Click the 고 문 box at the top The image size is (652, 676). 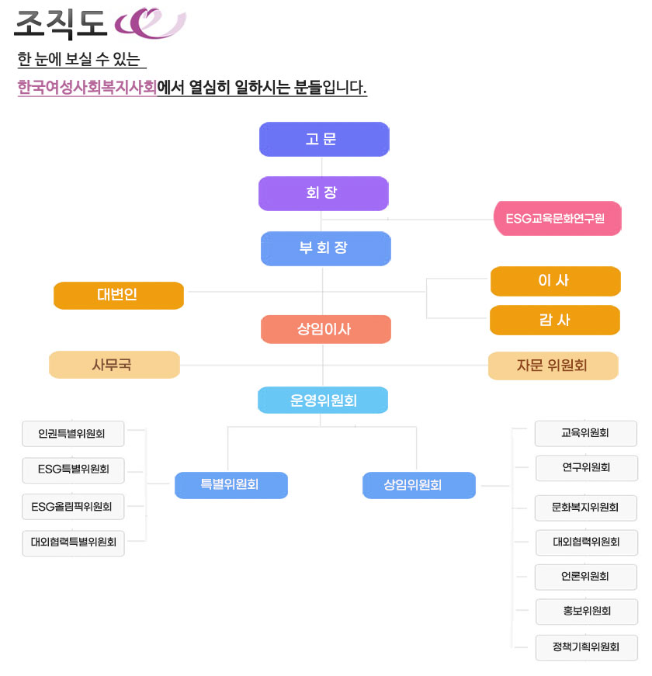tap(324, 140)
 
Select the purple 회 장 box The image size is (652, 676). tap(323, 193)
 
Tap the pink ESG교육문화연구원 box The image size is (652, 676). tap(557, 218)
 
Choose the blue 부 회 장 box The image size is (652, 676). tap(325, 248)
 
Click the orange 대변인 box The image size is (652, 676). tap(119, 296)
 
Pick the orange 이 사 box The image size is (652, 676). tap(555, 281)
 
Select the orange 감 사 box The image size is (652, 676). tap(555, 320)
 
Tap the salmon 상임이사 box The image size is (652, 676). tap(325, 329)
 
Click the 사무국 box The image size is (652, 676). tap(114, 365)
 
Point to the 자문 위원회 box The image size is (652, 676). tap(553, 366)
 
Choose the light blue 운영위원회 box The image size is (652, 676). tap(323, 400)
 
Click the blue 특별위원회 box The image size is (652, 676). tap(231, 485)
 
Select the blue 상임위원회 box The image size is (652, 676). tap(418, 485)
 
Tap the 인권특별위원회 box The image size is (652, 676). tap(73, 434)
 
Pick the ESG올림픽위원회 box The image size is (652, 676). tap(73, 507)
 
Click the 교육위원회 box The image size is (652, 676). tap(586, 433)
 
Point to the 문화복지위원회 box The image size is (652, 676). tap(586, 508)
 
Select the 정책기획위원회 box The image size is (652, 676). tap(586, 647)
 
